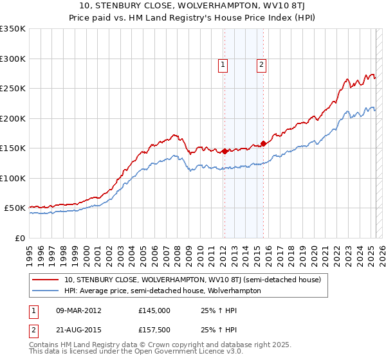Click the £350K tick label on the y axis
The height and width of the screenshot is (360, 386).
click(13, 29)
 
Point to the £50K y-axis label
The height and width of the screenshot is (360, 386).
click(15, 208)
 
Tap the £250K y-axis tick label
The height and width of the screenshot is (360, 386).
click(13, 89)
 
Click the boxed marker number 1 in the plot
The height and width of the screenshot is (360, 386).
click(223, 64)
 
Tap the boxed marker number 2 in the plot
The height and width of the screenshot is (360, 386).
click(262, 64)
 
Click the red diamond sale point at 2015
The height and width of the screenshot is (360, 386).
click(263, 144)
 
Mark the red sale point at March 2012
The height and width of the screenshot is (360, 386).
click(225, 152)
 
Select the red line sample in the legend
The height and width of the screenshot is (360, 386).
click(46, 280)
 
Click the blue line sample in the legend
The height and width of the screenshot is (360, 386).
click(46, 291)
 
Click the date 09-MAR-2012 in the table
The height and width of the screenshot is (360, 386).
click(80, 310)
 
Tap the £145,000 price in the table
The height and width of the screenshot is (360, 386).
click(154, 310)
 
